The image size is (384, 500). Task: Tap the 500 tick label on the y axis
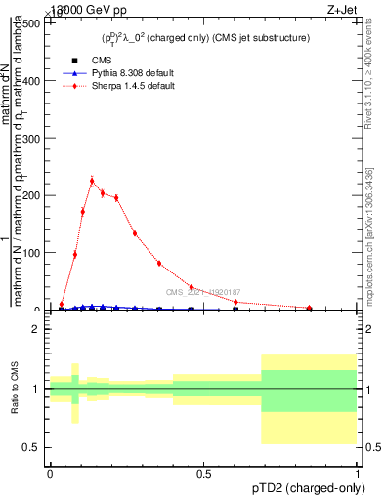pyautogui.click(x=30, y=23)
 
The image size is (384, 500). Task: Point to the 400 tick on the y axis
pyautogui.click(x=30, y=81)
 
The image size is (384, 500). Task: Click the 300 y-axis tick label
pyautogui.click(x=30, y=139)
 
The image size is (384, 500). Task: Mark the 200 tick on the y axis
pyautogui.click(x=30, y=195)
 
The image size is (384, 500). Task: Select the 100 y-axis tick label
pyautogui.click(x=30, y=253)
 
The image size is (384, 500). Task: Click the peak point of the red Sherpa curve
pyautogui.click(x=92, y=181)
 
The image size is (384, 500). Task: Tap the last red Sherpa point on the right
pyautogui.click(x=310, y=308)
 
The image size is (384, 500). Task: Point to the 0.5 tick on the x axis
pyautogui.click(x=204, y=474)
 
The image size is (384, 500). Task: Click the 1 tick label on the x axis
pyautogui.click(x=358, y=474)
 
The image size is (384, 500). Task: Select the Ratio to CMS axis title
pyautogui.click(x=15, y=388)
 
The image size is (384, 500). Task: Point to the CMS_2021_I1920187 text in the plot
pyautogui.click(x=202, y=292)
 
